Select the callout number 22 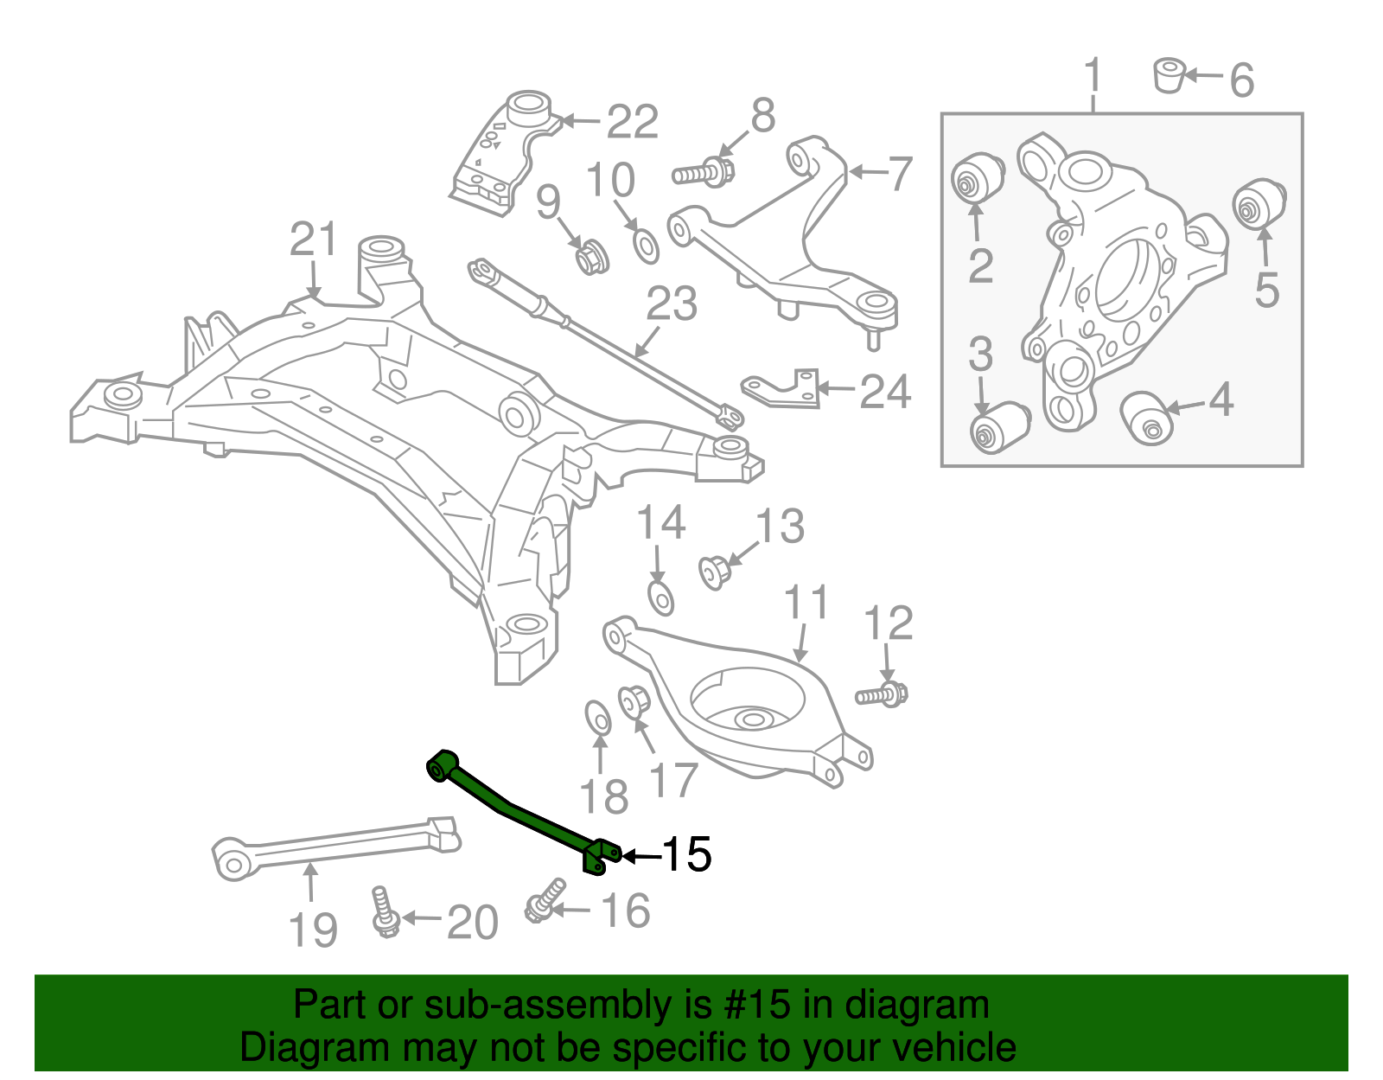click(632, 122)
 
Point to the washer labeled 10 click(646, 246)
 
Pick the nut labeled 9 click(592, 256)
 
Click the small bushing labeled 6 click(1169, 75)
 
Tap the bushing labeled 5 click(1259, 204)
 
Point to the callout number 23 click(672, 304)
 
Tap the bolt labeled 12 click(882, 694)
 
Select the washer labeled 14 click(660, 597)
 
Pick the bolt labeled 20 click(383, 912)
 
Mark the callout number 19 click(312, 930)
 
